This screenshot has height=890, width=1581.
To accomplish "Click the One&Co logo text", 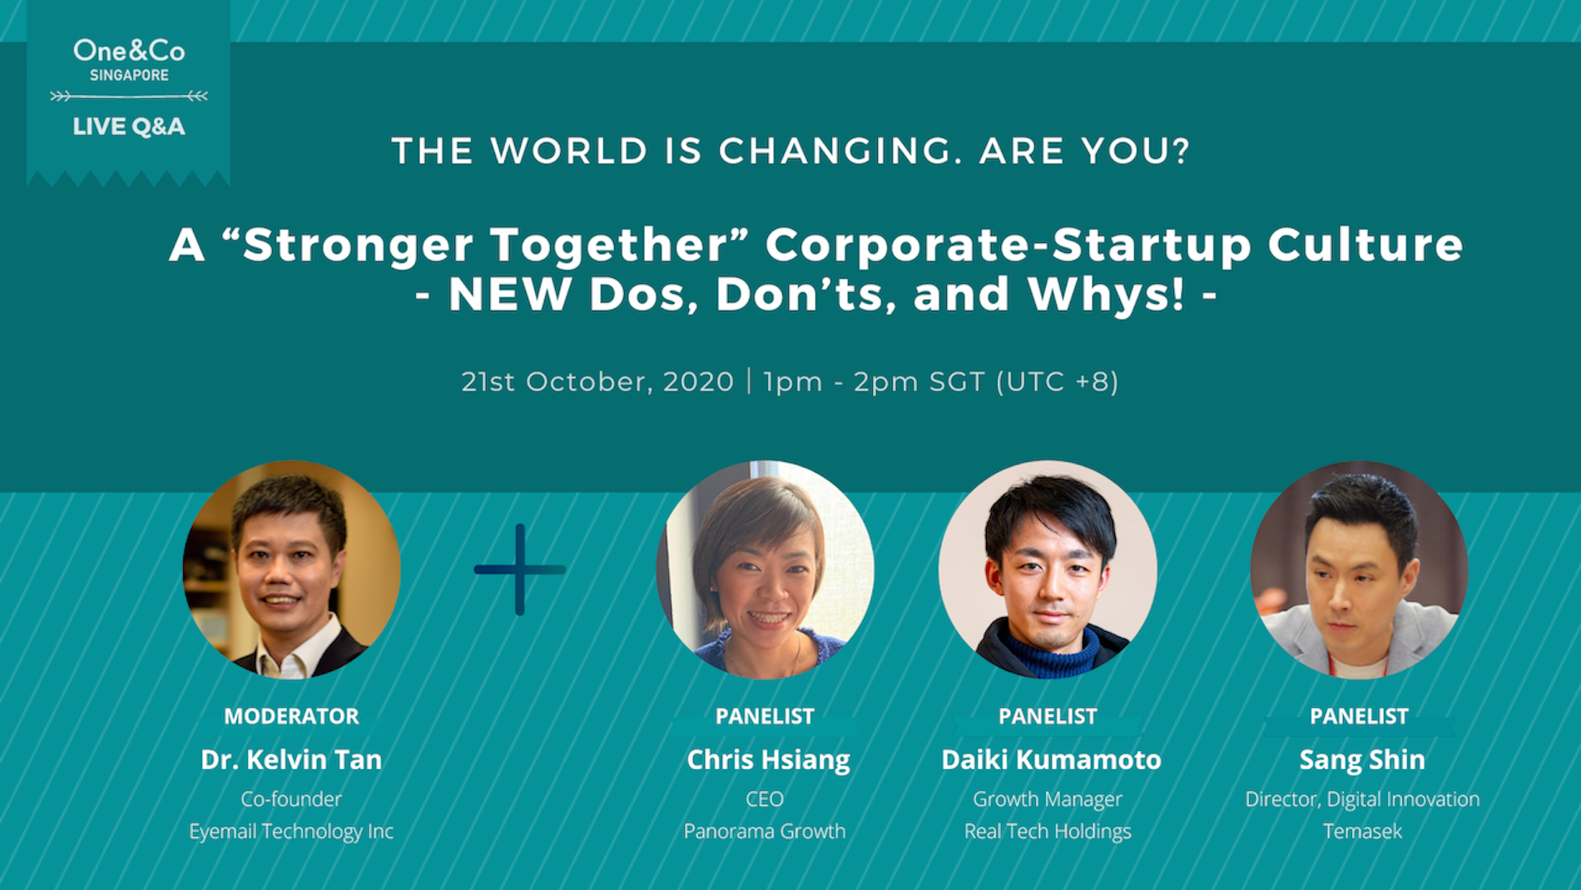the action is [129, 51].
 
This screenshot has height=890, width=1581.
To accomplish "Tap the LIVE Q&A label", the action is [129, 127].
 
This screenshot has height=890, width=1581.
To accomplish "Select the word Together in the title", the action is [620, 245].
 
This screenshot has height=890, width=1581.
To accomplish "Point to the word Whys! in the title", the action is [1106, 294].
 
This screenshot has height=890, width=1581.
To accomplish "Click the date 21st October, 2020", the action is [597, 381].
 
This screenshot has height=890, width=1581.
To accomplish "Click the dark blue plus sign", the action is [520, 569].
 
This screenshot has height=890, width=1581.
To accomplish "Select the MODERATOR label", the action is [291, 716].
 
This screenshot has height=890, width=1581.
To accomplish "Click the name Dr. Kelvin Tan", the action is [291, 759].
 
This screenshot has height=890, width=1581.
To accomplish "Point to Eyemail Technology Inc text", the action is [291, 831].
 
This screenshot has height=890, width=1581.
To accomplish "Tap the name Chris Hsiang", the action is [768, 760].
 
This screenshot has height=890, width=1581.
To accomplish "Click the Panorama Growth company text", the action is [765, 831].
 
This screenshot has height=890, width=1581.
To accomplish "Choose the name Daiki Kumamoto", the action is [1051, 759].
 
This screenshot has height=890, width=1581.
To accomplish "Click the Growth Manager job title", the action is [1048, 799].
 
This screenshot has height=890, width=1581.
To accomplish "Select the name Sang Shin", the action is [1362, 759].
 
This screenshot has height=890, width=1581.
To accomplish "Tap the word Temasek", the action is [1362, 831].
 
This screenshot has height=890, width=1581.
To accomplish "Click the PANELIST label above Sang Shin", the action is [1360, 716].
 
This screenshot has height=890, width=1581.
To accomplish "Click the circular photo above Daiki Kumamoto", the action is [1048, 569].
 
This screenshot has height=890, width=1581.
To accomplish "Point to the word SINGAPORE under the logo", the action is [129, 76].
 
